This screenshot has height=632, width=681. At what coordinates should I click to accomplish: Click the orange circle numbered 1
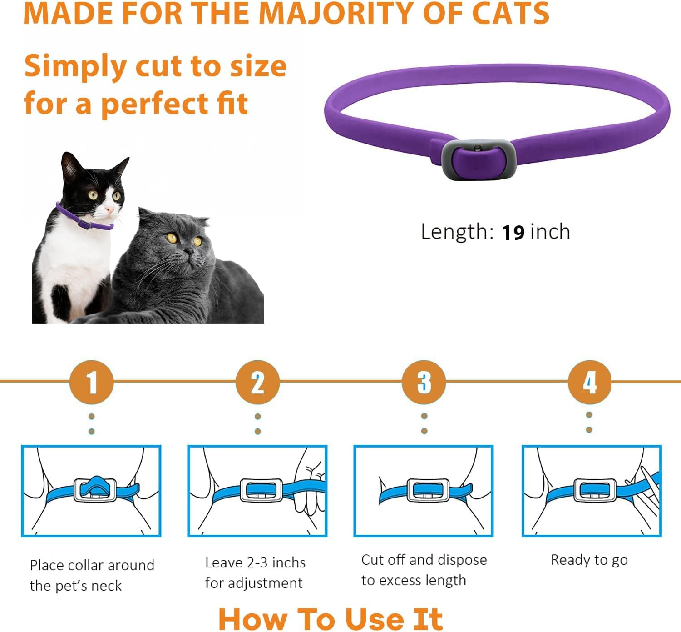[91, 382]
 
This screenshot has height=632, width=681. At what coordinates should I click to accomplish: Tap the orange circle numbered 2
[257, 382]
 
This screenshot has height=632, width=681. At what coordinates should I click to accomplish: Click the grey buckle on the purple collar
[479, 160]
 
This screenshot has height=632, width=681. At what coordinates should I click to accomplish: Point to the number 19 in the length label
[513, 232]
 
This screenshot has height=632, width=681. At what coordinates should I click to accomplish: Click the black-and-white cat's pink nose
[109, 209]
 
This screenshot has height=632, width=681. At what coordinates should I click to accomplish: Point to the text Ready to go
[589, 560]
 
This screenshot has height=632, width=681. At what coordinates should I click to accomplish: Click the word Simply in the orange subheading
[75, 66]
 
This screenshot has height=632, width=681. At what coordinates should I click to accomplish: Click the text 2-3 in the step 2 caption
[257, 563]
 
